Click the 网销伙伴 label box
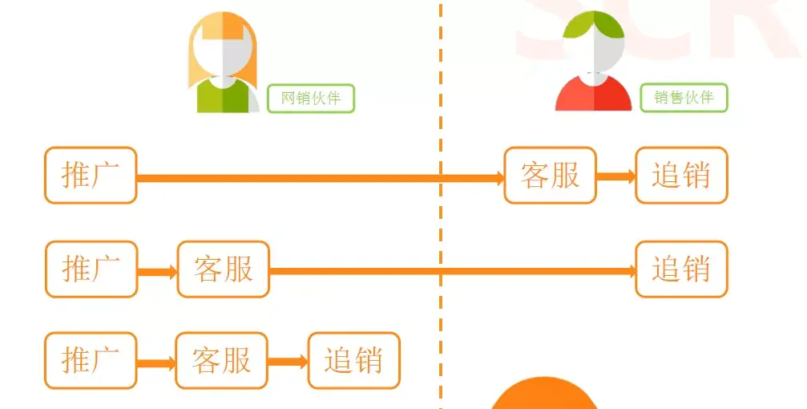[x=311, y=99]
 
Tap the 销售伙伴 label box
[x=684, y=98]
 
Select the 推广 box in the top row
[x=91, y=176]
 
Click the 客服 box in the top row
[x=550, y=176]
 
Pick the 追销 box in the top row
[x=681, y=176]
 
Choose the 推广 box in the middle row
[x=91, y=269]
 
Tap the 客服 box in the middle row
[x=223, y=269]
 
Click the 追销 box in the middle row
[x=681, y=269]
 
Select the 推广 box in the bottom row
[x=91, y=361]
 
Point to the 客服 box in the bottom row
[x=221, y=361]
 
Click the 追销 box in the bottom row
[x=353, y=361]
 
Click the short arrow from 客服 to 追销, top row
[x=615, y=176]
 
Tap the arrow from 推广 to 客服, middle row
[x=157, y=272]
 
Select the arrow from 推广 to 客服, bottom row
[x=156, y=363]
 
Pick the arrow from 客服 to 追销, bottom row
[x=288, y=362]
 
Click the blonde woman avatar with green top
[x=222, y=64]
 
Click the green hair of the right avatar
[x=594, y=26]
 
